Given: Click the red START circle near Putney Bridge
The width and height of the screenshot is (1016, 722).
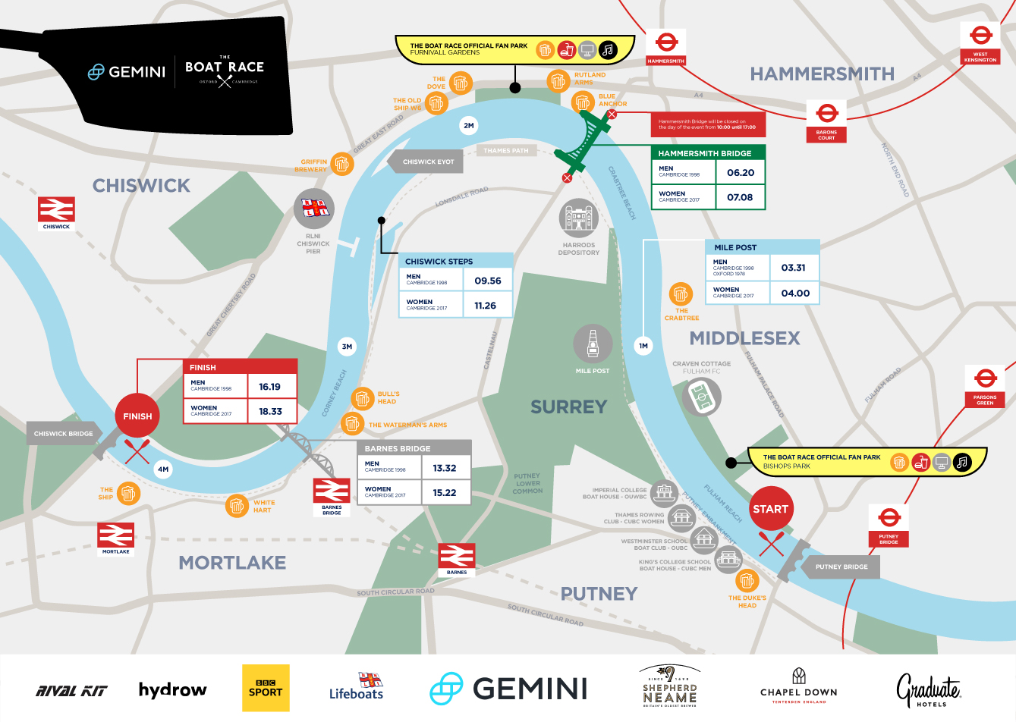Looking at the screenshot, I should point(770,509).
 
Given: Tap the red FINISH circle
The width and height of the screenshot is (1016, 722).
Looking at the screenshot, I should point(137,416).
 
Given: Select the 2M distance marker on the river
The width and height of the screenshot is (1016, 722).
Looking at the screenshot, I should point(469,125).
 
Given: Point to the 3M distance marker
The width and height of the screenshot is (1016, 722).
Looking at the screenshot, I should point(347,347).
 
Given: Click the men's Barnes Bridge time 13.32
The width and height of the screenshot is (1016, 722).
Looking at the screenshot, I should point(445,468).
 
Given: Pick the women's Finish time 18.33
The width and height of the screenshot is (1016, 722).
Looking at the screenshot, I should point(270,411).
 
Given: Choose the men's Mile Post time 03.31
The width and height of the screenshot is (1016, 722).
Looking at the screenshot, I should point(793,268).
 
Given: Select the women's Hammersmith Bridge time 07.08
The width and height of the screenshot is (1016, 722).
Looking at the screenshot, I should point(740,197).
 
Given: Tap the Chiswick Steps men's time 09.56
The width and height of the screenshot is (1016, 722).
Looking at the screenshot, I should point(488,281).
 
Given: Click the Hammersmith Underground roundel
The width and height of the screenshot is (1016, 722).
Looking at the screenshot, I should point(666,42).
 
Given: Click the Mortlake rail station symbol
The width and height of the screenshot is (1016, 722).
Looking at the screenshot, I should point(115,535).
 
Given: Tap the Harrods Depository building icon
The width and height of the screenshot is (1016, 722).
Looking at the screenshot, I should point(578,219).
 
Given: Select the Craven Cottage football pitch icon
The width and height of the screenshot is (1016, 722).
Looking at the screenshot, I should point(701,397).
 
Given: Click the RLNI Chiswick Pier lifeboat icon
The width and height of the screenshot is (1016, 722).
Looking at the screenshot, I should point(313,208).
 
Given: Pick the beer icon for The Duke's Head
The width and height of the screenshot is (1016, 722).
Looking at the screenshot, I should point(747,581).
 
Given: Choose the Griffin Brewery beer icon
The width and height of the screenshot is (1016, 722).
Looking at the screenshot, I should point(342,164).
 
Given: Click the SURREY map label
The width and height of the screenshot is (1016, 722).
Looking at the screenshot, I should point(568,407).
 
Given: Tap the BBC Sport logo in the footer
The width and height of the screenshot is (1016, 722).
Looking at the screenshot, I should point(266,688).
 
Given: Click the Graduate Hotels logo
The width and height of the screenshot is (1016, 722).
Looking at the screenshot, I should point(929,689).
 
